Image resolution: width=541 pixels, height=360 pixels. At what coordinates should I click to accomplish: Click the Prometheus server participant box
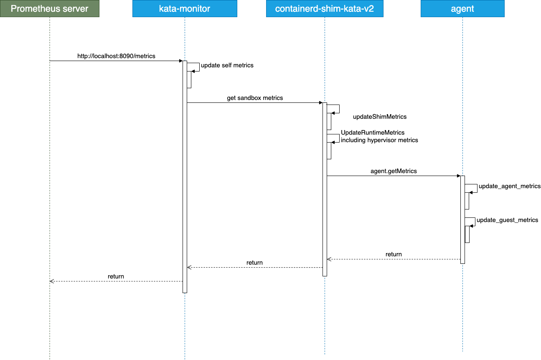50,8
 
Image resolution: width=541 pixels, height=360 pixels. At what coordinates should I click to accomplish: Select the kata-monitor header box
185,8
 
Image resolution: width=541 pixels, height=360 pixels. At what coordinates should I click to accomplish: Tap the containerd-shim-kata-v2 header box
325,8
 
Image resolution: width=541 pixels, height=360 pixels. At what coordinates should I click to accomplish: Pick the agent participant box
462,8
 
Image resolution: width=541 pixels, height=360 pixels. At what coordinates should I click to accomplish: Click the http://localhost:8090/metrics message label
116,56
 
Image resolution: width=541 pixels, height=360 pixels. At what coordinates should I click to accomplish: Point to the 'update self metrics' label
227,65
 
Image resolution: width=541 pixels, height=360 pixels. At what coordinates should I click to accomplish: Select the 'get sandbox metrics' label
255,98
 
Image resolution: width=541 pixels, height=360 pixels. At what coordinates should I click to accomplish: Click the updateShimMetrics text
380,117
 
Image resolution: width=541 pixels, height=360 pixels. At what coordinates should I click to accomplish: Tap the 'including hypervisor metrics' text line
379,140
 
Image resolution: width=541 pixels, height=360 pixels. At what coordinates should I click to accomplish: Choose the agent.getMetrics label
394,171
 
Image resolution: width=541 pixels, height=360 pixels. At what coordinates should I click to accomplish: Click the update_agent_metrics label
510,186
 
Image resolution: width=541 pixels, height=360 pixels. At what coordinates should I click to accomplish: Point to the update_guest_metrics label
508,220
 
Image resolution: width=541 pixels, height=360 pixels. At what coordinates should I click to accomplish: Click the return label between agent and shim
394,254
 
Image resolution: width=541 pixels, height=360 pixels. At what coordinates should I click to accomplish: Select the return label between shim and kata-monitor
254,263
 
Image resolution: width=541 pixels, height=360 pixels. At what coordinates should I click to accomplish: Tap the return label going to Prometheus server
116,276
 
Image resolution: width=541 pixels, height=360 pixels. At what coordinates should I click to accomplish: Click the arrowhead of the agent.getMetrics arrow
458,176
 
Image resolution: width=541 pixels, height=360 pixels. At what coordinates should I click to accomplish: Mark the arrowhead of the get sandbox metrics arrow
320,103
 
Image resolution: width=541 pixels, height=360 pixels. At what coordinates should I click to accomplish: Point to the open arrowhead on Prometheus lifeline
51,281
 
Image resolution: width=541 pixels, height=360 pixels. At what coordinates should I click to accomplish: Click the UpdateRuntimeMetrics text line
373,133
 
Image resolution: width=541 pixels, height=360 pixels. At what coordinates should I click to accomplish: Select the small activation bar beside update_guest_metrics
467,234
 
